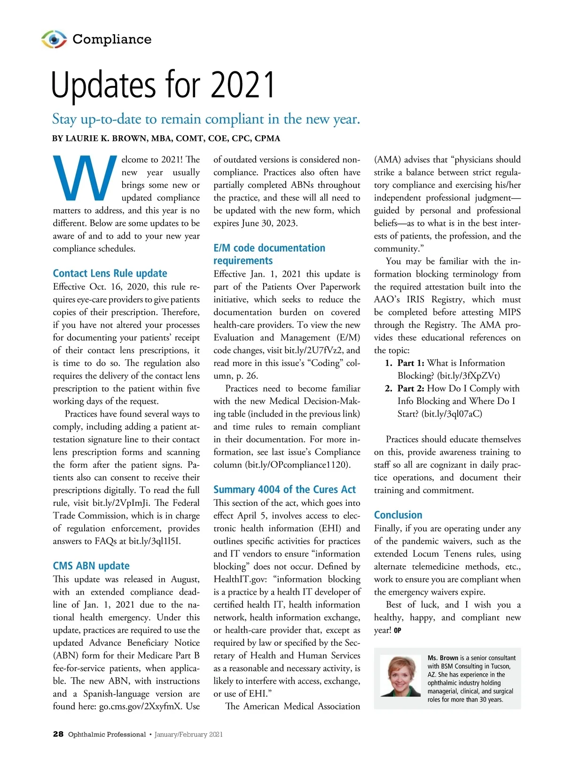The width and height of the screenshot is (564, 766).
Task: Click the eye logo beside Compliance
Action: pos(54,39)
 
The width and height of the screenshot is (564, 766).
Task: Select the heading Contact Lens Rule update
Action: pos(110,273)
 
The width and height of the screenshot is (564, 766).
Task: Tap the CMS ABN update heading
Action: pos(91,566)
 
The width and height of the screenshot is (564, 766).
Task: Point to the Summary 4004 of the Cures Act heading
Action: pos(284,489)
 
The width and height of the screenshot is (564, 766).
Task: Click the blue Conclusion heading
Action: pos(398,515)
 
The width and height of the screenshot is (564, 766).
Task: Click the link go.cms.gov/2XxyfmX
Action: pos(141,706)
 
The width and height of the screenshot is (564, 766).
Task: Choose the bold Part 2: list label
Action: pos(411,388)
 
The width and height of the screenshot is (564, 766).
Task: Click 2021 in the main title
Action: pos(243,85)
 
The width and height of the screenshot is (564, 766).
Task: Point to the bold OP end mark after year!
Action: pos(398,631)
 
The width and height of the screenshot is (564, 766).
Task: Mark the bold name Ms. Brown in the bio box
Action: pos(443,658)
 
